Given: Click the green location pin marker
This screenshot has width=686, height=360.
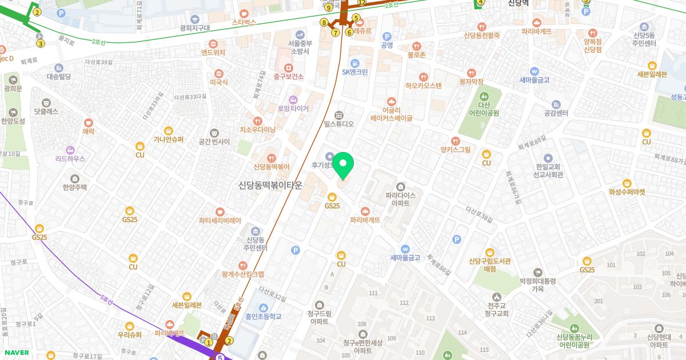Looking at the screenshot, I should coord(344,166).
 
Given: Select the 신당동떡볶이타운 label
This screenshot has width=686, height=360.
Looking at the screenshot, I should coord(270,186).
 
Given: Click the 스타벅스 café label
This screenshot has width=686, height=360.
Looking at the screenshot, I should coord(244,22).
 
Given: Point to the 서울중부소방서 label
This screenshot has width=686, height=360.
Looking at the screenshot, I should coord(300,47).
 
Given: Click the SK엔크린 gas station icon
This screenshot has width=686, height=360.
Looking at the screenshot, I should coord(355,62).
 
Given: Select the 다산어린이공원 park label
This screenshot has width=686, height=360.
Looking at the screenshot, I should coord(485,109).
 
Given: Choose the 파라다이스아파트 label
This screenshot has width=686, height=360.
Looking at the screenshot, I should coord(400,199).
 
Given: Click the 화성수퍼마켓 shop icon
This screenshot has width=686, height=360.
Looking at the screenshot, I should coord(627,183).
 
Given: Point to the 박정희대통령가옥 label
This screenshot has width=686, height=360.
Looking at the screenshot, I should coord(538,285).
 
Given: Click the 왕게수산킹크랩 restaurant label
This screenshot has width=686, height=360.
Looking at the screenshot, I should coord(243,274).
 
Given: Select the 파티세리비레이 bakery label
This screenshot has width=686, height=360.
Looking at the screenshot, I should coord(220,220).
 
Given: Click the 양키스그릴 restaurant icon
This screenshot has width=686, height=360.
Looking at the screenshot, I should coord(456,141).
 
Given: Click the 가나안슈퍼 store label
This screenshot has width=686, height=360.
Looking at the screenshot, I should coord(168,139).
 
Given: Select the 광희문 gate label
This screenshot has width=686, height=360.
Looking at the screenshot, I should coord(13,89).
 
